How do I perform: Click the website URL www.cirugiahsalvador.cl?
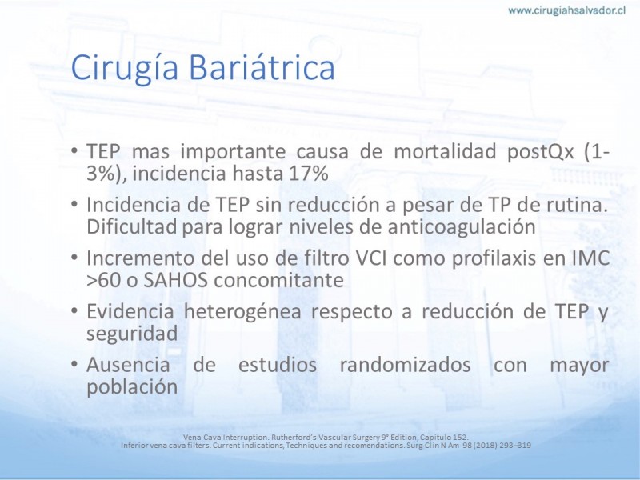[x=567, y=10]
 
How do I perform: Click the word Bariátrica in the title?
[x=262, y=67]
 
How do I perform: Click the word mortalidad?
[x=445, y=151]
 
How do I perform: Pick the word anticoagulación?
[x=462, y=227]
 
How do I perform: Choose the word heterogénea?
[x=242, y=312]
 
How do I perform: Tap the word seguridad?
[x=132, y=334]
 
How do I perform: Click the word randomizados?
[x=405, y=364]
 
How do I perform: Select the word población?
[x=132, y=387]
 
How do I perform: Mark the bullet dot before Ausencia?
[x=74, y=363]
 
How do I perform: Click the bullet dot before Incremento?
[x=74, y=257]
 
